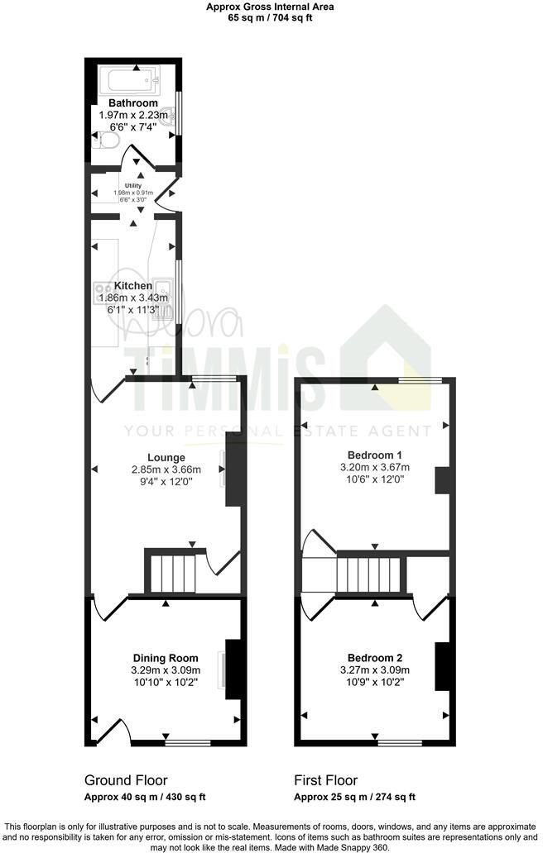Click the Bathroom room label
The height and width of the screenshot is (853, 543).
[133, 103]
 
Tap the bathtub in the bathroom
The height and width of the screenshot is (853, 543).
[128, 81]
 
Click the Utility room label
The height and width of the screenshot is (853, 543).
[133, 186]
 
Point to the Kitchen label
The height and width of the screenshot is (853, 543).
[133, 286]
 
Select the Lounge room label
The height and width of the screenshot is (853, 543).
[166, 457]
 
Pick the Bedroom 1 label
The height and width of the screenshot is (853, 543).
[375, 455]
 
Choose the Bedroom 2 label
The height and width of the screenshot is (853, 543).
[375, 658]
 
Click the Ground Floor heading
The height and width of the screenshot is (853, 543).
[126, 779]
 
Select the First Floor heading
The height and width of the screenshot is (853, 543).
[326, 779]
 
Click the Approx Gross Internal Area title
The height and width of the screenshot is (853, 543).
[271, 7]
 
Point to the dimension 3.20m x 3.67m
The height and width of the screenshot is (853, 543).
[375, 467]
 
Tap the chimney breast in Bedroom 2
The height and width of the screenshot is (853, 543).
[443, 665]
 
